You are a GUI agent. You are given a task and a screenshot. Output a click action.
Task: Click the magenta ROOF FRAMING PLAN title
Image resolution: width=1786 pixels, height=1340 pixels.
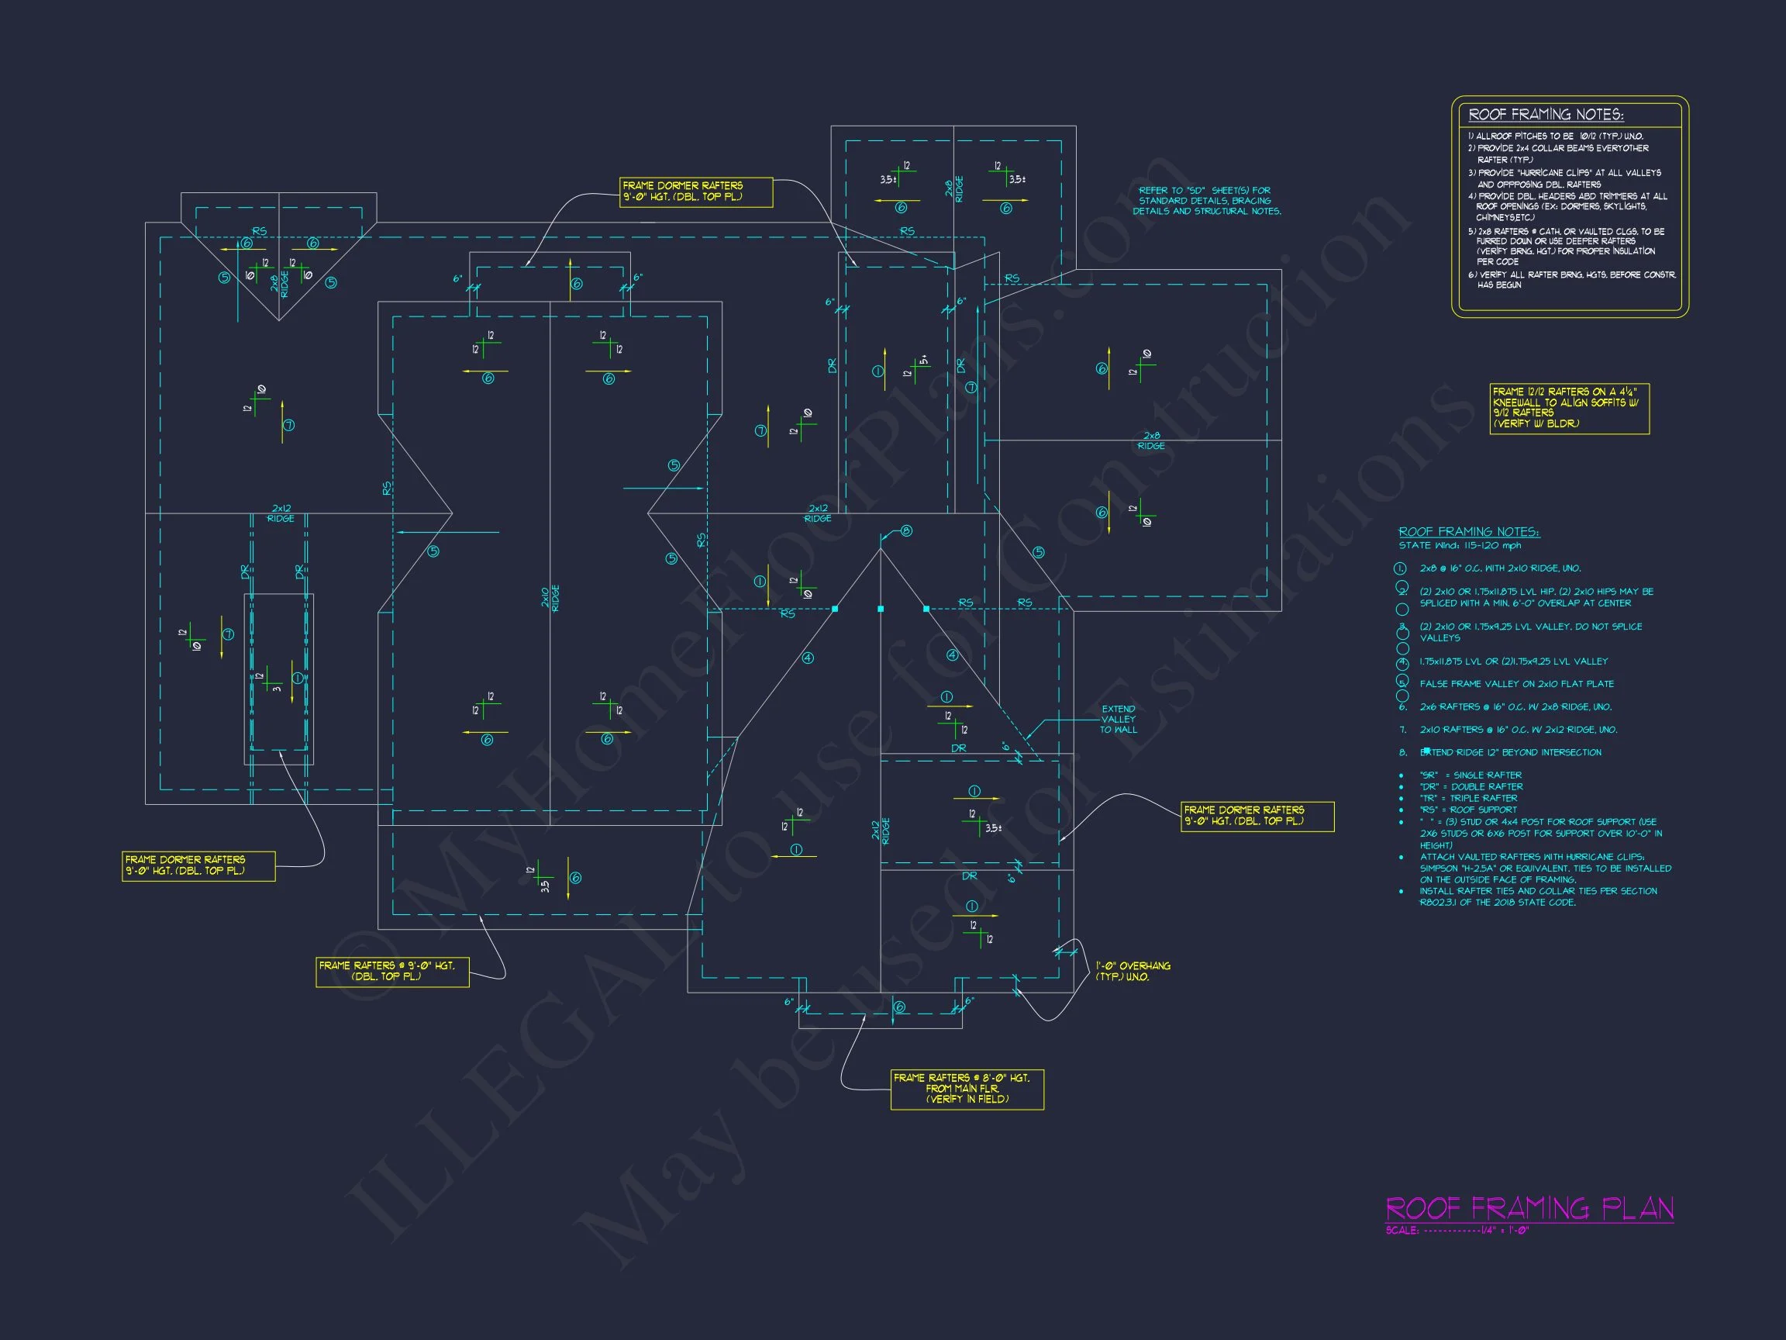pyautogui.click(x=1529, y=1208)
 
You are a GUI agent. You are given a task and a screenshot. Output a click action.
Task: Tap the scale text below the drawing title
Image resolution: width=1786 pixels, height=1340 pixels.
pyautogui.click(x=1457, y=1231)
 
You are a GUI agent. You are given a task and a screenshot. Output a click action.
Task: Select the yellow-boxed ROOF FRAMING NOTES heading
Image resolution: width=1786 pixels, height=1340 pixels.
pyautogui.click(x=1546, y=115)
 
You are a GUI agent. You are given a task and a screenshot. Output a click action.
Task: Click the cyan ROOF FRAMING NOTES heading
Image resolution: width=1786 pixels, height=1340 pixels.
pyautogui.click(x=1469, y=531)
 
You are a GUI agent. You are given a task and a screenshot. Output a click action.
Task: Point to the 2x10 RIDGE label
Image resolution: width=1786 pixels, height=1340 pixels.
pyautogui.click(x=550, y=598)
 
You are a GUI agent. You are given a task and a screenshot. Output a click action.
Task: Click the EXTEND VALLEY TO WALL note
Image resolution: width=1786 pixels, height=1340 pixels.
pyautogui.click(x=1119, y=719)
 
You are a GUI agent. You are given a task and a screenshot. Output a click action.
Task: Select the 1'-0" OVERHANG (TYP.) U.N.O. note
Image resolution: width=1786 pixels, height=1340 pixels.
pyautogui.click(x=1133, y=971)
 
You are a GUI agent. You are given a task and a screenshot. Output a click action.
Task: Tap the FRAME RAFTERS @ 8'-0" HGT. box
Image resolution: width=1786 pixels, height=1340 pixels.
pyautogui.click(x=967, y=1089)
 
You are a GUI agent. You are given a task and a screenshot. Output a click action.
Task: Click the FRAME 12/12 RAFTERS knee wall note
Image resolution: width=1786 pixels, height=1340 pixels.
pyautogui.click(x=1569, y=408)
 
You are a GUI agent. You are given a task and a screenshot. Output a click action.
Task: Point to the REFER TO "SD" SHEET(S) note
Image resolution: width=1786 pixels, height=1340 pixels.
pyautogui.click(x=1206, y=200)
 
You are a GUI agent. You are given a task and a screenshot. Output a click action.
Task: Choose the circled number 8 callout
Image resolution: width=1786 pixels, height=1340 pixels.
pyautogui.click(x=907, y=530)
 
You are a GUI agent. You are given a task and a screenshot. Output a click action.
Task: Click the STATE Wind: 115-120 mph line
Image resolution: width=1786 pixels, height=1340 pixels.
pyautogui.click(x=1460, y=545)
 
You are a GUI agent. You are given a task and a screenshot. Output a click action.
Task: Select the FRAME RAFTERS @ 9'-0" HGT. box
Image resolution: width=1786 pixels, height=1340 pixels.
pyautogui.click(x=391, y=972)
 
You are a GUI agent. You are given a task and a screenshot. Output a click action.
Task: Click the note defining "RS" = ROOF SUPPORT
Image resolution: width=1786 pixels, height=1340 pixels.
pyautogui.click(x=1468, y=810)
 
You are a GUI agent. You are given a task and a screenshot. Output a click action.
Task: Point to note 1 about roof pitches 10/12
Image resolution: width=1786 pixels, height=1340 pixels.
pyautogui.click(x=1555, y=136)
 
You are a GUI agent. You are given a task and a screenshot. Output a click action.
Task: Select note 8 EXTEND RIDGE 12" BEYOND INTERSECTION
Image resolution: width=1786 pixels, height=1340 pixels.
pyautogui.click(x=1510, y=752)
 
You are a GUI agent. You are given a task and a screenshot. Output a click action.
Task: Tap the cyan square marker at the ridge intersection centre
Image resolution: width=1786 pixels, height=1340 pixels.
pyautogui.click(x=880, y=609)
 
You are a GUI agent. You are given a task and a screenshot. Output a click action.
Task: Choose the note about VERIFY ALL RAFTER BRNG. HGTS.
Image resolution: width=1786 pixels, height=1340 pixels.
pyautogui.click(x=1571, y=279)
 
